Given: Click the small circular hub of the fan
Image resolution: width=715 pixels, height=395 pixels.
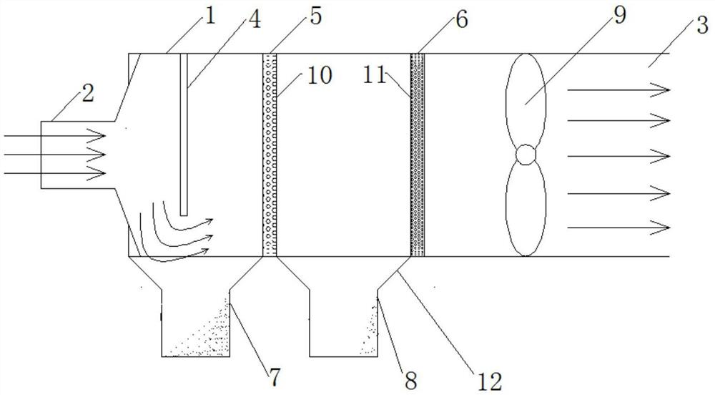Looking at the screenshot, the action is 526,154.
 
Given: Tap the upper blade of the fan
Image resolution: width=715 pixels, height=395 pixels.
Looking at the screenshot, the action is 525,100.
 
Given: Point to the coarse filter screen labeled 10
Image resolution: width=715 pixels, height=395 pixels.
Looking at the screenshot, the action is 270,154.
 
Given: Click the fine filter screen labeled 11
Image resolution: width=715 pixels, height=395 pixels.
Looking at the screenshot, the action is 418,154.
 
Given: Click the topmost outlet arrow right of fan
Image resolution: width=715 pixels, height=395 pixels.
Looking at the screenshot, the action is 618,89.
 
